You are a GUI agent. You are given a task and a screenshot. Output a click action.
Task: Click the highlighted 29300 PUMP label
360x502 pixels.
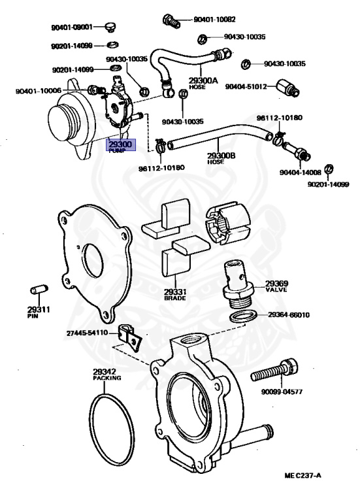[121, 145]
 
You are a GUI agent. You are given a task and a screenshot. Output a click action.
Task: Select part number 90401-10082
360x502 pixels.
[214, 20]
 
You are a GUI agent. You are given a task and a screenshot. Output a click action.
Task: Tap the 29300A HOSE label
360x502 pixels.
[203, 82]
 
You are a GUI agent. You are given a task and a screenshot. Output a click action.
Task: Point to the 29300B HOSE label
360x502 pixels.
[221, 158]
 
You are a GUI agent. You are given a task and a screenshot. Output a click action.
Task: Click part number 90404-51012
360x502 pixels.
[246, 87]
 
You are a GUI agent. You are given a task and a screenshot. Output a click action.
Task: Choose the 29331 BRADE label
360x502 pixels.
[175, 295]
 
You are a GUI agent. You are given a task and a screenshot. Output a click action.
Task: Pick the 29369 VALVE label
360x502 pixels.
[276, 286]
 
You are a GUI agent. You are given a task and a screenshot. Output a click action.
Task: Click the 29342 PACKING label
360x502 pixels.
[107, 375]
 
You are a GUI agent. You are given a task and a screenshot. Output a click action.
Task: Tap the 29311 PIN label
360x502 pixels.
[38, 312]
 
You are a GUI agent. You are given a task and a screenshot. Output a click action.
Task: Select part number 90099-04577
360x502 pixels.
[282, 392]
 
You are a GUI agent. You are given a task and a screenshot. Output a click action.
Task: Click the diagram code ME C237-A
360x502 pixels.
[303, 475]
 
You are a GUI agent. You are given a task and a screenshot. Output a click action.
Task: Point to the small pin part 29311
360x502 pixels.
[39, 290]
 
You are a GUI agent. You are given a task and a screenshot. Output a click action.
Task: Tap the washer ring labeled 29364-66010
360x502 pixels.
[243, 316]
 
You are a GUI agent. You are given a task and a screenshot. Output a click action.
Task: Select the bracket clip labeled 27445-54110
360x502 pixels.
[131, 338]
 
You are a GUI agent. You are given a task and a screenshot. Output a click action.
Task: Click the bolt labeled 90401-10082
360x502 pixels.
[171, 21]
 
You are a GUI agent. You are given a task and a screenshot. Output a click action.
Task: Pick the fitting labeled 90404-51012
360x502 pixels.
[287, 88]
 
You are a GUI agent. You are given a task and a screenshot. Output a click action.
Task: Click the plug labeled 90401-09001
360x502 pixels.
[110, 27]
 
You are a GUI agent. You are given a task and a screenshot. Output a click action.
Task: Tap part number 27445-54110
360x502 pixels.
[87, 333]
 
